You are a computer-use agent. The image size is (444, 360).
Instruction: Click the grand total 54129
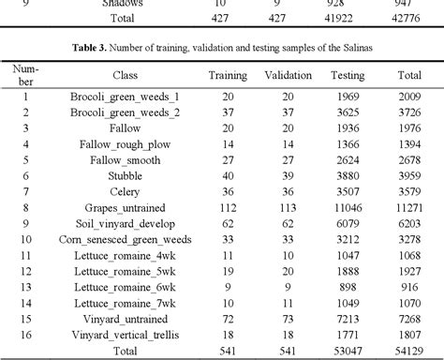coord(410,351)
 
